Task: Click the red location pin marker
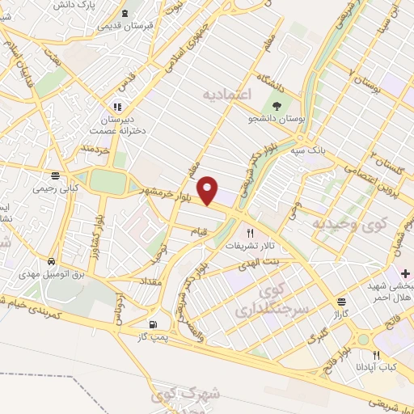tap(209, 189)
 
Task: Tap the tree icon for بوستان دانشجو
tap(278, 106)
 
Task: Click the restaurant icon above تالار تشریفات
tap(239, 233)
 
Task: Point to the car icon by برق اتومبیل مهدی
tap(51, 262)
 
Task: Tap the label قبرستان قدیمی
tap(125, 25)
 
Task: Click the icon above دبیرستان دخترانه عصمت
tap(117, 106)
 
